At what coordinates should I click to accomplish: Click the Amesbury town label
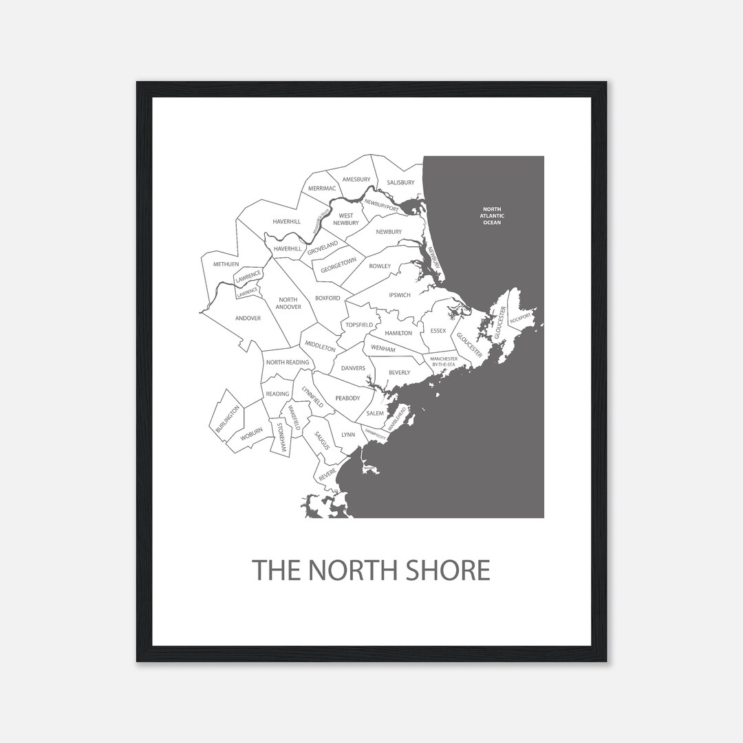coord(356,180)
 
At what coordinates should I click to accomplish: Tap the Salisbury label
coord(400,183)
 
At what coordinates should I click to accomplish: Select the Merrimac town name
coord(321,189)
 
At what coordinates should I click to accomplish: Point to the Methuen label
coord(226,264)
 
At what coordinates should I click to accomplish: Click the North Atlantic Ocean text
coord(492,216)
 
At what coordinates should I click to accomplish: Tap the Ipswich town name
coord(399,295)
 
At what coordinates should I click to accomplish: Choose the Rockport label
coord(521,318)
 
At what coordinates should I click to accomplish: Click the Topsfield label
coord(359,325)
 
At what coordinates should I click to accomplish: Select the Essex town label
coord(438,331)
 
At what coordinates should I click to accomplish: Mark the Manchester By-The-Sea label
coord(444,361)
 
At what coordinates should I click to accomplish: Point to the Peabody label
coord(347,398)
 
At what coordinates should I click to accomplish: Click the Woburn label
coord(252,433)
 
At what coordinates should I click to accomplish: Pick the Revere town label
coord(327,474)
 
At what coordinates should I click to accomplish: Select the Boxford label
coord(327,299)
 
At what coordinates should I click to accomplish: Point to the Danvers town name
coord(353,368)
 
